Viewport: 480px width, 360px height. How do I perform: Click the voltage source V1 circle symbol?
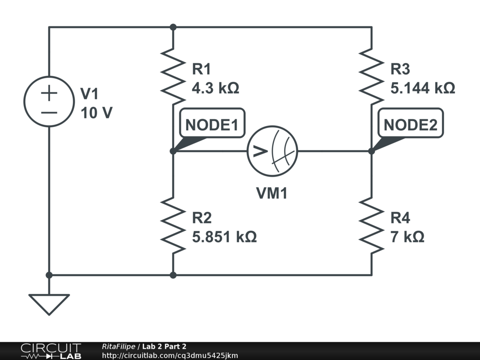[49, 101]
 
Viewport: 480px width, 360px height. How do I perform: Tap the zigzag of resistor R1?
[173, 76]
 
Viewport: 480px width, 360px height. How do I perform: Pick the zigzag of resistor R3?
[371, 76]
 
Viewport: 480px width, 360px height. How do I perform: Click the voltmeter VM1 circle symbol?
[273, 151]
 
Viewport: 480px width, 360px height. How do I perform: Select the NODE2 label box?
[410, 125]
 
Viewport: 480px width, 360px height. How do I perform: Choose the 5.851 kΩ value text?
[225, 237]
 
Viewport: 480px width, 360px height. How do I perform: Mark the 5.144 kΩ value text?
[423, 88]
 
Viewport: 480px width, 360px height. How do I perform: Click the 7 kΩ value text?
[407, 237]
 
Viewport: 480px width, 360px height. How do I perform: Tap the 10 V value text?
[96, 113]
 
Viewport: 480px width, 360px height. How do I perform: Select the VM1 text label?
[272, 193]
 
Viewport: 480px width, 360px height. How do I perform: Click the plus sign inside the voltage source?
[49, 93]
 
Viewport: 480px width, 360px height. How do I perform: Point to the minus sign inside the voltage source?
[49, 112]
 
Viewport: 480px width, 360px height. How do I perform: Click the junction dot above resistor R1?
[173, 27]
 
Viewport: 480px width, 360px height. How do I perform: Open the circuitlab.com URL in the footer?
[170, 355]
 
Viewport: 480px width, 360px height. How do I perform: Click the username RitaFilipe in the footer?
[118, 346]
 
